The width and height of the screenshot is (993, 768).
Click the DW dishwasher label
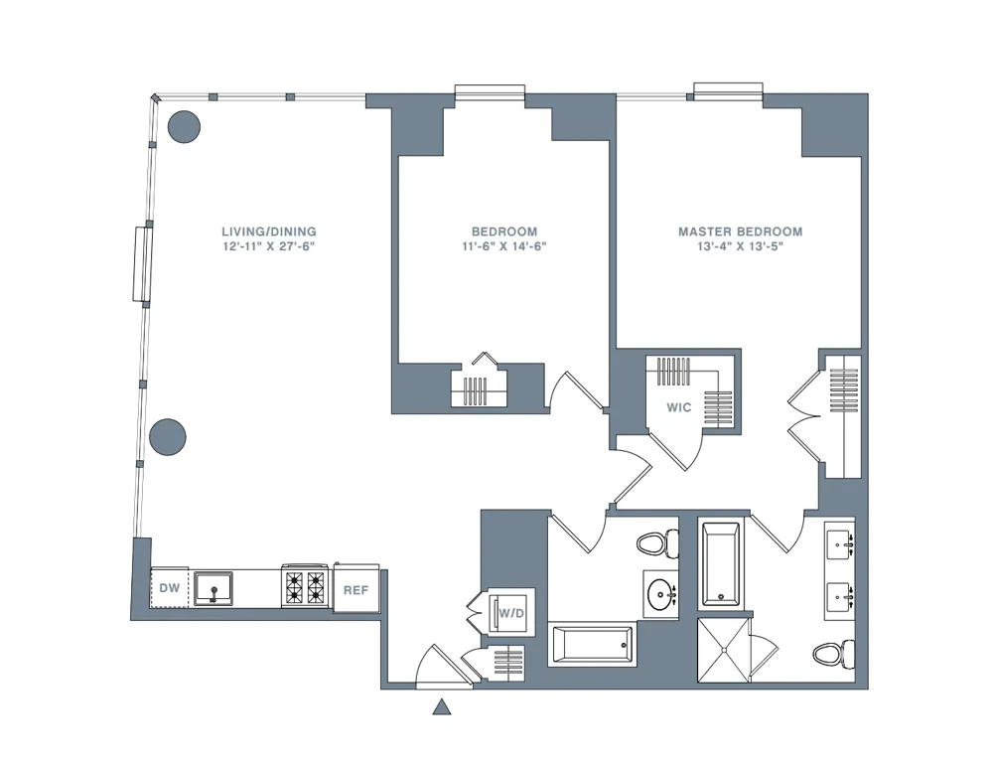[x=170, y=588]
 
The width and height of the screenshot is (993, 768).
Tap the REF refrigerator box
[x=355, y=590]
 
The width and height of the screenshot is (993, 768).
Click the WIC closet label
[x=679, y=407]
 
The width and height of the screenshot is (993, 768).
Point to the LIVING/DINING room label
[x=269, y=231]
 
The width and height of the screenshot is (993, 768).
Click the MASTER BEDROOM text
[x=740, y=231]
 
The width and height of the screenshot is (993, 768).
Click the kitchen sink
[x=213, y=588]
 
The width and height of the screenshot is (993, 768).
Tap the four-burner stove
[x=305, y=587]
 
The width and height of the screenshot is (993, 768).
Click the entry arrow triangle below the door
[x=442, y=707]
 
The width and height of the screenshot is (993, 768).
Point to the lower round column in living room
[x=168, y=436]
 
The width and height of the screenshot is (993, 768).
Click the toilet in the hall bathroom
[x=656, y=543]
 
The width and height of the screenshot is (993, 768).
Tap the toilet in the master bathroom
[x=830, y=654]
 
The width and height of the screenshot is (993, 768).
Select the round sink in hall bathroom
[x=660, y=594]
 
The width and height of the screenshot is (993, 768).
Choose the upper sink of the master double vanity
[x=839, y=543]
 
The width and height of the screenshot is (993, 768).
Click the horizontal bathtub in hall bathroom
[x=593, y=645]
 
